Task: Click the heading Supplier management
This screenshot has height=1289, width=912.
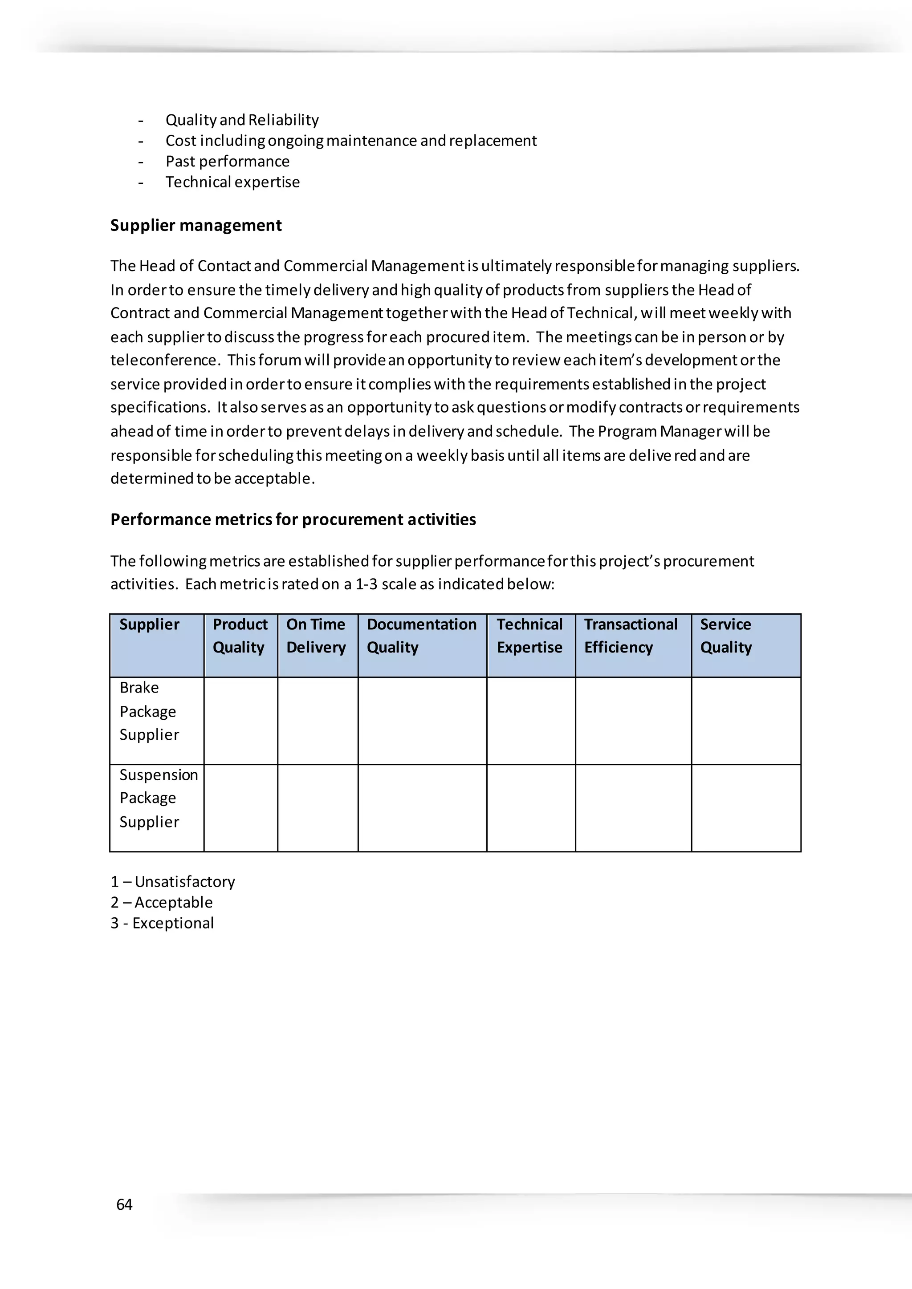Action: tap(195, 225)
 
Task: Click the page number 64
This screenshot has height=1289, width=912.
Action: tap(124, 1204)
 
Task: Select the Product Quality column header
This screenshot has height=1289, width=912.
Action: tap(240, 636)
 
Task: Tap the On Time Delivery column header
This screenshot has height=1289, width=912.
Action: tap(316, 636)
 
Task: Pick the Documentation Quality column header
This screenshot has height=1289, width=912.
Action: tap(421, 636)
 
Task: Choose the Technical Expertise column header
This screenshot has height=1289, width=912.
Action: tap(529, 636)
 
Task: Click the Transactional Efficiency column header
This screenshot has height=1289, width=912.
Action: tap(631, 636)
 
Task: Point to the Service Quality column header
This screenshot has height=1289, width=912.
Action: tap(725, 636)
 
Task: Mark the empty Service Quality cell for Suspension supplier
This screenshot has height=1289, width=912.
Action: tap(746, 807)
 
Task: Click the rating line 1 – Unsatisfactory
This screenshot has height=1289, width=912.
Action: tap(172, 881)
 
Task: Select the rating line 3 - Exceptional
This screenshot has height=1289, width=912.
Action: tap(162, 923)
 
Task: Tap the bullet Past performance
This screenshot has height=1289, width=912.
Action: tap(228, 161)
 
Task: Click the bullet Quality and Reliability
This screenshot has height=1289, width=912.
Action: tap(242, 120)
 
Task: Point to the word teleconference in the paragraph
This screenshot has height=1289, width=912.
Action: tap(163, 360)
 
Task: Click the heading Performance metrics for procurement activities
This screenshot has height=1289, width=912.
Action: tap(293, 519)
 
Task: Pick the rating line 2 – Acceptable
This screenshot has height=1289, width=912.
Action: tap(161, 902)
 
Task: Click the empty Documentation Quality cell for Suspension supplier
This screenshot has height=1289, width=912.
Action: tap(422, 807)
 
